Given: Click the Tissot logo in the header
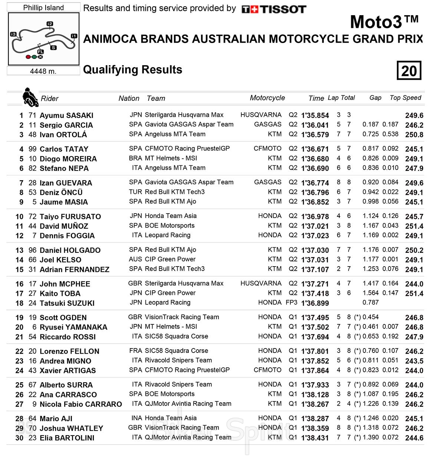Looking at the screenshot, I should (x=274, y=9).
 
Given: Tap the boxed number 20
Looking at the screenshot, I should (x=409, y=70).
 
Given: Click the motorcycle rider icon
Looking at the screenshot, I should (x=30, y=97).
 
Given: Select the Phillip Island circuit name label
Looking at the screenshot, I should (x=43, y=7).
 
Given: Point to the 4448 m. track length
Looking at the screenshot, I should (x=43, y=71).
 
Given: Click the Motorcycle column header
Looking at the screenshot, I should (x=267, y=98).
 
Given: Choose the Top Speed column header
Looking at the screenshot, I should (x=405, y=98).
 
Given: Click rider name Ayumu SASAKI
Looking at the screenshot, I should (x=66, y=115).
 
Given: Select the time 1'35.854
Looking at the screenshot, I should (x=315, y=115).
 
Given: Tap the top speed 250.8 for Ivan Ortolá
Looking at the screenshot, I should (x=414, y=135).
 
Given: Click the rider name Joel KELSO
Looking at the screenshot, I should (x=60, y=260).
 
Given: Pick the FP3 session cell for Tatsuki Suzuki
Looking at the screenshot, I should (x=291, y=303).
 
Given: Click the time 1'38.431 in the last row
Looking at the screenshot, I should (x=315, y=438).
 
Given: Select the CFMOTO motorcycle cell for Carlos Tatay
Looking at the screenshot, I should (x=267, y=149).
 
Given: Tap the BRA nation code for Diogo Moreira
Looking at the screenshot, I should (x=135, y=158).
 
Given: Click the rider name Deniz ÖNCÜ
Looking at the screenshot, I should (x=61, y=192).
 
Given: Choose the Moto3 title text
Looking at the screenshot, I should (x=384, y=22).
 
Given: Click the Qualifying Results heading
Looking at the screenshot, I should (x=132, y=70).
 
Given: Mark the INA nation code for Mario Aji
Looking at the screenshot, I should (x=136, y=418).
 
